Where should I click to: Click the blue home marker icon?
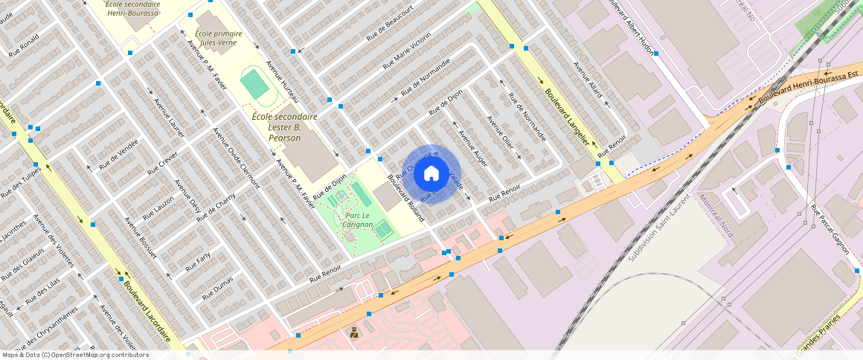coord(431,174)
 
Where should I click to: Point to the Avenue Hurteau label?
coord(283,81)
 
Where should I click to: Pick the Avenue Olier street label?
coord(499,132)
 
